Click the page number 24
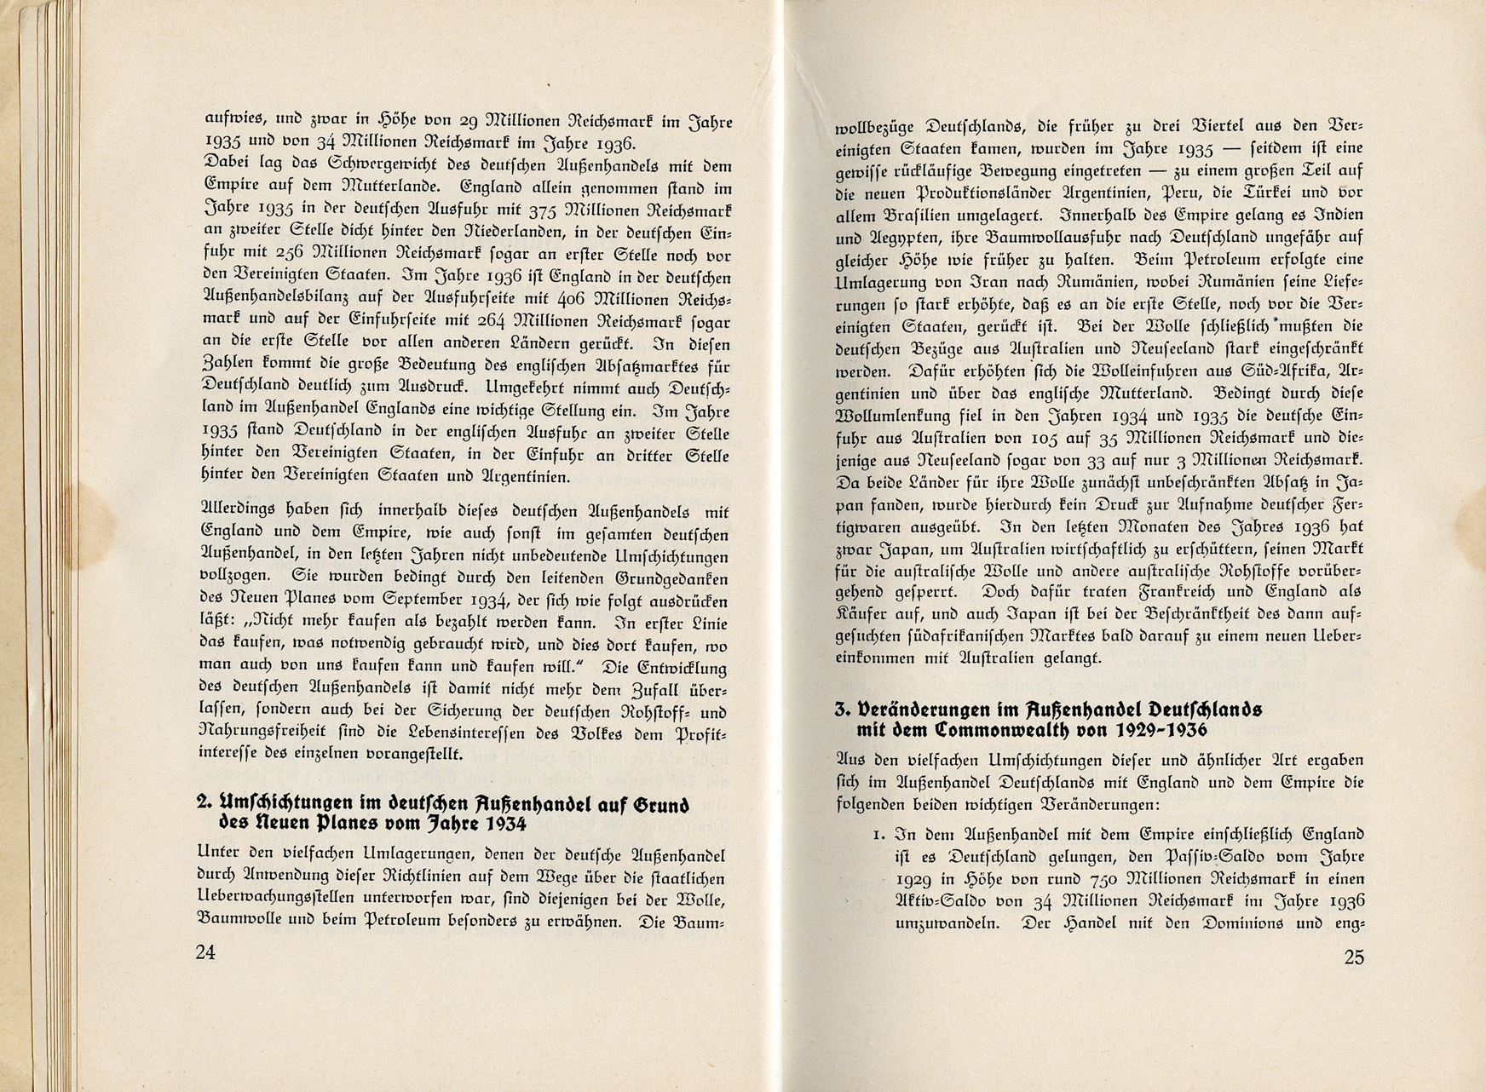coord(205,952)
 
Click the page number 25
coord(1354,957)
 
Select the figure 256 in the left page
coord(296,255)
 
